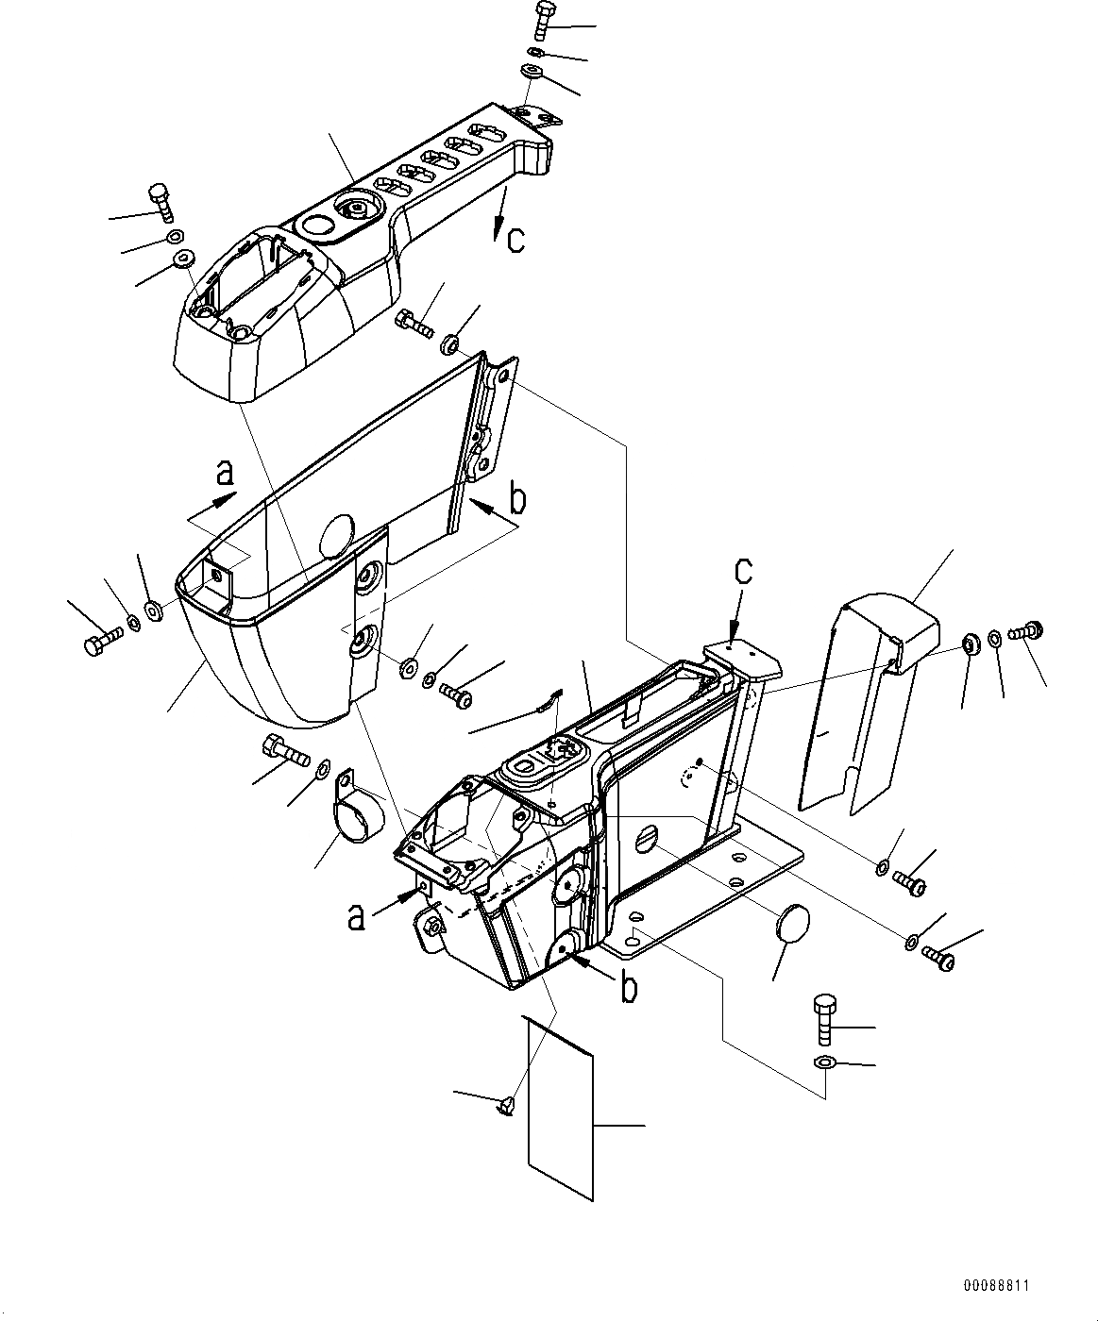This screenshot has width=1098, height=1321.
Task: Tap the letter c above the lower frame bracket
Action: (x=745, y=570)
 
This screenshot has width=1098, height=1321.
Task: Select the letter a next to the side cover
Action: (x=223, y=473)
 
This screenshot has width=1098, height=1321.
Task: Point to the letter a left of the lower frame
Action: (x=356, y=915)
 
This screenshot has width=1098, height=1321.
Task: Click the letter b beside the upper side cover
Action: (x=516, y=498)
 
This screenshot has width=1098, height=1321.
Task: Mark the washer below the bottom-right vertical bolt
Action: (x=823, y=1064)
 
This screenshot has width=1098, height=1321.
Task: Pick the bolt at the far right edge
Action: (x=1025, y=630)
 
